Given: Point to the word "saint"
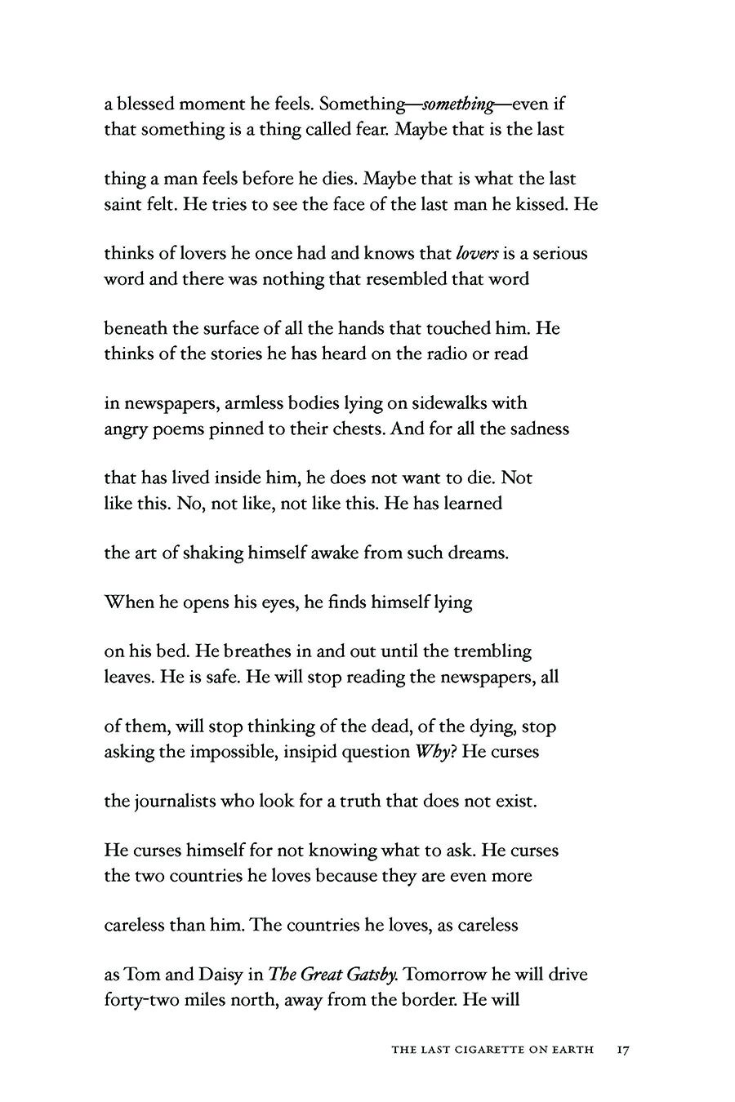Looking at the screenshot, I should tap(122, 204).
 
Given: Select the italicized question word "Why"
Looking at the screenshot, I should tap(432, 751).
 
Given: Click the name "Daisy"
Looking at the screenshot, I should tap(215, 975).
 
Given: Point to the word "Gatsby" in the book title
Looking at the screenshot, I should tap(371, 975).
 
